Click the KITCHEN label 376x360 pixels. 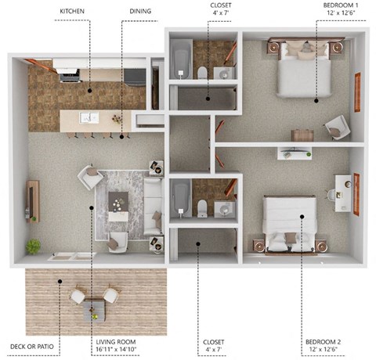[76, 12]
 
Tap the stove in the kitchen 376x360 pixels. [68, 74]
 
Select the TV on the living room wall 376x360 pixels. [33, 200]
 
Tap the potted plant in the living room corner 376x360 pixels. [33, 247]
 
